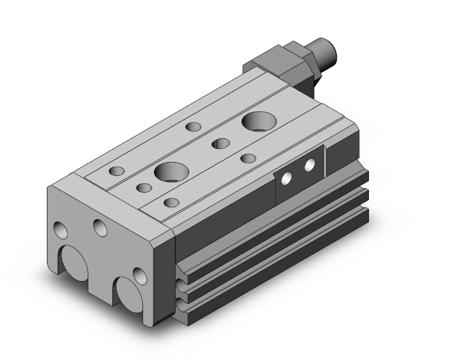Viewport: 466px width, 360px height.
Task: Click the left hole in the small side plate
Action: click(x=286, y=178)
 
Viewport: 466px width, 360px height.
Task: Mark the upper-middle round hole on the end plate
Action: click(x=100, y=227)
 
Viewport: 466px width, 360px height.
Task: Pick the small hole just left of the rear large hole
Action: click(x=219, y=143)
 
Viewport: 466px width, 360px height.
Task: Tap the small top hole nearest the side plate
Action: click(x=249, y=158)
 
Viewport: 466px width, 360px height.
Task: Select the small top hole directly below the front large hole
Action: click(x=170, y=202)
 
